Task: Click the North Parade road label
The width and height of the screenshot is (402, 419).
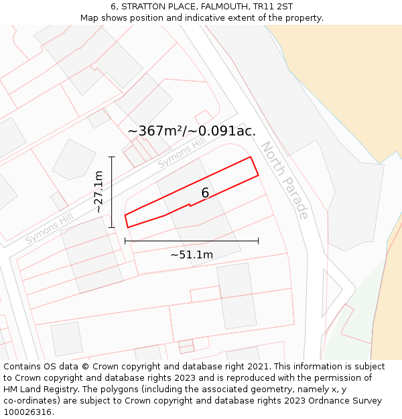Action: (285, 180)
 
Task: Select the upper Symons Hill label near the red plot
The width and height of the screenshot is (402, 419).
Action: (182, 154)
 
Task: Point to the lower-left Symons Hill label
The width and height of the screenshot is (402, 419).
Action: (48, 228)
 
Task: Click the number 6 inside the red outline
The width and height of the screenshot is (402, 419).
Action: (205, 193)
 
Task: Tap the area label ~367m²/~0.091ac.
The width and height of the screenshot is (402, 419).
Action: (192, 131)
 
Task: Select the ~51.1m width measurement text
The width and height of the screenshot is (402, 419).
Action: (192, 255)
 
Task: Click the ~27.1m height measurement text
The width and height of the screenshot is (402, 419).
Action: (98, 192)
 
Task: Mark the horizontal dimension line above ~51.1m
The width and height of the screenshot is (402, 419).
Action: (192, 241)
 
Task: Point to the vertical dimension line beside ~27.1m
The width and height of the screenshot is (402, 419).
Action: (113, 192)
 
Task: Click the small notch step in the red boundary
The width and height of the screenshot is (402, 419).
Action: (190, 204)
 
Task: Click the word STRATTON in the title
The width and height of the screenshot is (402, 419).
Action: (143, 7)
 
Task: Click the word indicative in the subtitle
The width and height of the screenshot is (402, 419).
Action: (236, 17)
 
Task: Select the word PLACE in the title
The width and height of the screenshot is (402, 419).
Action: (180, 7)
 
